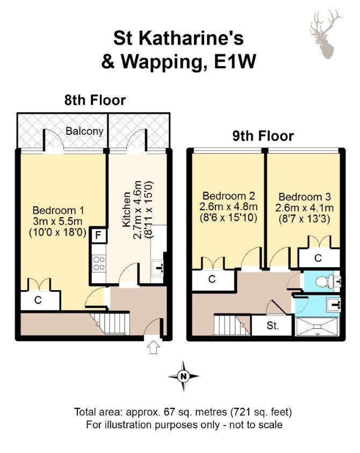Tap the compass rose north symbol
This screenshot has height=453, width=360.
click(183, 376)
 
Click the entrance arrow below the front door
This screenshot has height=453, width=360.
click(154, 347)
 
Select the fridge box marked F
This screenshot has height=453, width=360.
click(98, 235)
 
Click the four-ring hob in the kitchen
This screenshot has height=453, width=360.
click(98, 263)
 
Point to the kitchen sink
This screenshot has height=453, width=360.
click(157, 268)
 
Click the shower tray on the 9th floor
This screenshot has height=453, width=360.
click(317, 327)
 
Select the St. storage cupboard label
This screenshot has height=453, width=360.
click(273, 326)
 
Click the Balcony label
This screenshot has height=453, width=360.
click(84, 131)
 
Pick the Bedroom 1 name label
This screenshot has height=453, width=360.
click(58, 210)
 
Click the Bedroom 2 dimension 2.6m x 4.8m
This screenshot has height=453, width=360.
click(228, 207)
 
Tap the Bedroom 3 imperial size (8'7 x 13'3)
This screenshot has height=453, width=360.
click(304, 219)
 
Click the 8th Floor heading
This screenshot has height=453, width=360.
click(95, 100)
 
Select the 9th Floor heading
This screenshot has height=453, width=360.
click(263, 136)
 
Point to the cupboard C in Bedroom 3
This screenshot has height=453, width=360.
click(319, 257)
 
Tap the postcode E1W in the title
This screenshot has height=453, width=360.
click(235, 62)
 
